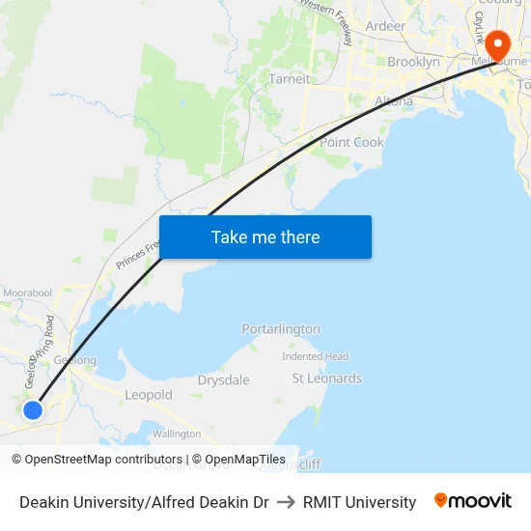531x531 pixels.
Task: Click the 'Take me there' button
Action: [265, 237]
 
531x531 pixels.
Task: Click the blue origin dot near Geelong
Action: [33, 409]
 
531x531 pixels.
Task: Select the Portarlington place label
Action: [281, 329]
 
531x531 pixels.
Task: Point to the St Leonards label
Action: [326, 378]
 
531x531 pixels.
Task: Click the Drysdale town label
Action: [223, 380]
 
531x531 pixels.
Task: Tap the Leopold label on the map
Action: [149, 395]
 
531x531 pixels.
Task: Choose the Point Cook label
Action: [351, 142]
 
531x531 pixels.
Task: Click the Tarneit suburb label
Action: [290, 79]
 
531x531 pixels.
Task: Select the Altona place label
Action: [394, 100]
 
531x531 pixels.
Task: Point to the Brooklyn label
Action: [413, 62]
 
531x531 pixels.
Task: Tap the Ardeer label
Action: [385, 26]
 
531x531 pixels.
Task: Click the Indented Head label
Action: [316, 356]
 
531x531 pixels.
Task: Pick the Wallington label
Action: [177, 434]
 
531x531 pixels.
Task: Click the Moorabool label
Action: [28, 293]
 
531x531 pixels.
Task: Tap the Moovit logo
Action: [473, 501]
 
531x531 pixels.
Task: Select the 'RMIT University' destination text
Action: [359, 502]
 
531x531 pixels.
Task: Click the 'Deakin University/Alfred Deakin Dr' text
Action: [144, 502]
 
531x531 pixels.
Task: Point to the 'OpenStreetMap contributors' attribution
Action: [103, 460]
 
